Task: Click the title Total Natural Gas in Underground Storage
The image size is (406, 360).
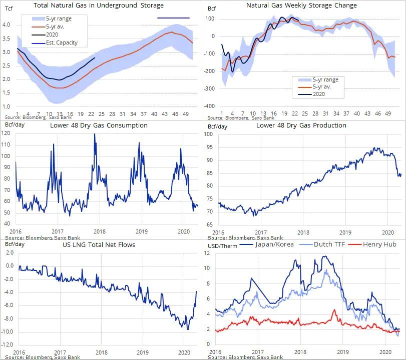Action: (x=98, y=5)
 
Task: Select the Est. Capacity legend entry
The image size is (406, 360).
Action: (x=61, y=42)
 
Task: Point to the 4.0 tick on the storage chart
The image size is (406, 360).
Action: (x=8, y=24)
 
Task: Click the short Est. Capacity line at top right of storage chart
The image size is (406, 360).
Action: (x=173, y=18)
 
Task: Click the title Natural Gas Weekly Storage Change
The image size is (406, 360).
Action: (x=301, y=5)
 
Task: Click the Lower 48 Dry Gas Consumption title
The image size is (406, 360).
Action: (x=99, y=125)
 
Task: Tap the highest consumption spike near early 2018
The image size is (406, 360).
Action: (x=95, y=134)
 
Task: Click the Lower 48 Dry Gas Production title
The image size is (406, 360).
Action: (x=301, y=125)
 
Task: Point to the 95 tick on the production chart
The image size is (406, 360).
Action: (x=209, y=147)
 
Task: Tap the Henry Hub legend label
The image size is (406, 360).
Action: (x=379, y=245)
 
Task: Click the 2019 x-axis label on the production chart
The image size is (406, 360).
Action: (x=345, y=232)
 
